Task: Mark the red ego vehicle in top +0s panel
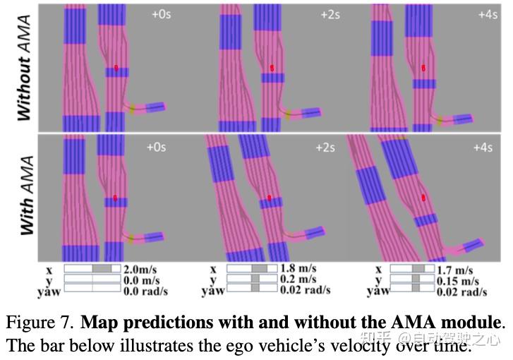(x=116, y=68)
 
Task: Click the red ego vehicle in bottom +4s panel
(x=423, y=198)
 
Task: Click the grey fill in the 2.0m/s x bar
(x=102, y=269)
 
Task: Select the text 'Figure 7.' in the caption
(x=40, y=324)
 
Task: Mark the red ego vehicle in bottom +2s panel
(x=269, y=198)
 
